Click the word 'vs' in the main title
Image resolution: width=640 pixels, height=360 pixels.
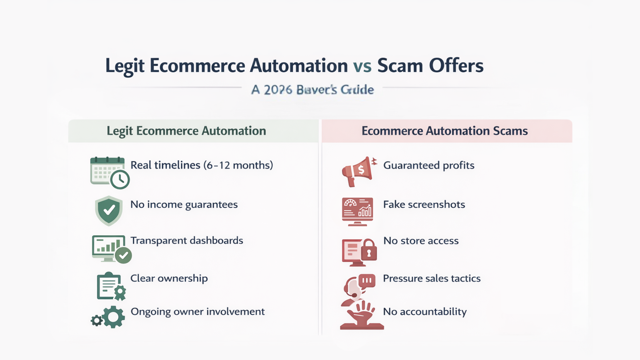pyautogui.click(x=362, y=66)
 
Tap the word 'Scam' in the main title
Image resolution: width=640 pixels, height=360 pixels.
pyautogui.click(x=400, y=66)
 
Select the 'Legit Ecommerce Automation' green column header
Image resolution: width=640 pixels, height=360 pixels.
pyautogui.click(x=186, y=131)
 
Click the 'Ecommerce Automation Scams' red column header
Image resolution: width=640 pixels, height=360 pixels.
pyautogui.click(x=445, y=131)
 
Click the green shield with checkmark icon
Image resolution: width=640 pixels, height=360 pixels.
pyautogui.click(x=109, y=211)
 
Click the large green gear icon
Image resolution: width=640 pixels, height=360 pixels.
pyautogui.click(x=113, y=317)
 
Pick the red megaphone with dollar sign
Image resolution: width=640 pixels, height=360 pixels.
pyautogui.click(x=358, y=171)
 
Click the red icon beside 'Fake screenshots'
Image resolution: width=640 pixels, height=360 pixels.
pyautogui.click(x=357, y=212)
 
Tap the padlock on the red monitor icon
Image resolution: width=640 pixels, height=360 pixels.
pyautogui.click(x=369, y=250)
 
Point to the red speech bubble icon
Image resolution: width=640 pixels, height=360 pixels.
pyautogui.click(x=367, y=280)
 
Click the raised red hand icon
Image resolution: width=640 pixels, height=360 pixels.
pyautogui.click(x=361, y=313)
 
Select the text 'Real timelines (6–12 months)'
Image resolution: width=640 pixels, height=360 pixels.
pyautogui.click(x=202, y=165)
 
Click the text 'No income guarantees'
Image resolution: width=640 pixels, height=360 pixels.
pyautogui.click(x=184, y=205)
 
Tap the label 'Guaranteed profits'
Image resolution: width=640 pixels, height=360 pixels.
pyautogui.click(x=429, y=165)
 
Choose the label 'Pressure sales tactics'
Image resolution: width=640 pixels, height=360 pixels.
pyautogui.click(x=432, y=278)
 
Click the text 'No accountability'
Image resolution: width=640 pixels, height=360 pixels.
pyautogui.click(x=425, y=312)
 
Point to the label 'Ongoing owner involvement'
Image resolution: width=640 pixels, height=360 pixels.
pyautogui.click(x=198, y=312)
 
